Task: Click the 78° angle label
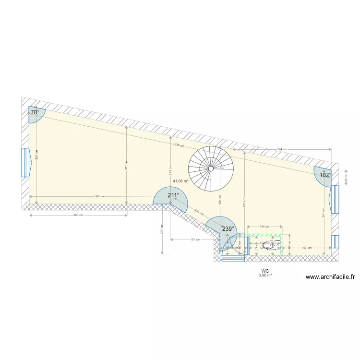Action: tap(35, 112)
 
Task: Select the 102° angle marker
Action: tap(325, 175)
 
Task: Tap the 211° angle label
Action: tap(173, 195)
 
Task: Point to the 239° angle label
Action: tap(228, 229)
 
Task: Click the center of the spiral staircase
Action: tap(211, 168)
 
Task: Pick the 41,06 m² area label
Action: tap(180, 181)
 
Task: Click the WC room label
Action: tap(265, 271)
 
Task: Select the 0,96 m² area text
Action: tap(265, 276)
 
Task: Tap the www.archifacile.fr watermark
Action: tap(330, 277)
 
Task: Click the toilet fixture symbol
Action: tap(272, 245)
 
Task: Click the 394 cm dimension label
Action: tap(282, 149)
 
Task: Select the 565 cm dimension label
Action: tap(99, 196)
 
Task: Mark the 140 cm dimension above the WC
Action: tap(264, 226)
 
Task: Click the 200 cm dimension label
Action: tap(162, 230)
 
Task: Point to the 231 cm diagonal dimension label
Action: tap(198, 212)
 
